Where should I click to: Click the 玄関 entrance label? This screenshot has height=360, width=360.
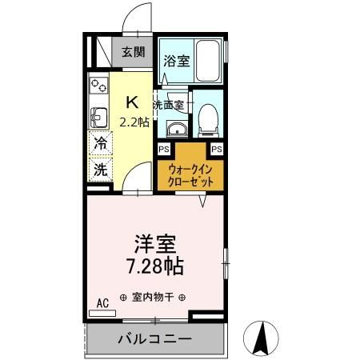tap(134, 54)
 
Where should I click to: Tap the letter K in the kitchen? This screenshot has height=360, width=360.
tap(133, 102)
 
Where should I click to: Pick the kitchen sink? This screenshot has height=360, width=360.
tap(98, 117)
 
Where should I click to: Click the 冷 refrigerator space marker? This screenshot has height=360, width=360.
tap(101, 145)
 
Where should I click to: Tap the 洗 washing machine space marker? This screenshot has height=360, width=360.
tap(101, 169)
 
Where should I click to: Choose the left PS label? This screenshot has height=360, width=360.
tap(163, 149)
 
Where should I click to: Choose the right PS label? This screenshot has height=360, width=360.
tap(217, 149)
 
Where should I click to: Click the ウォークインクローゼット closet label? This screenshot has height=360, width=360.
tap(190, 175)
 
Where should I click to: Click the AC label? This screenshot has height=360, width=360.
tap(102, 302)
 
